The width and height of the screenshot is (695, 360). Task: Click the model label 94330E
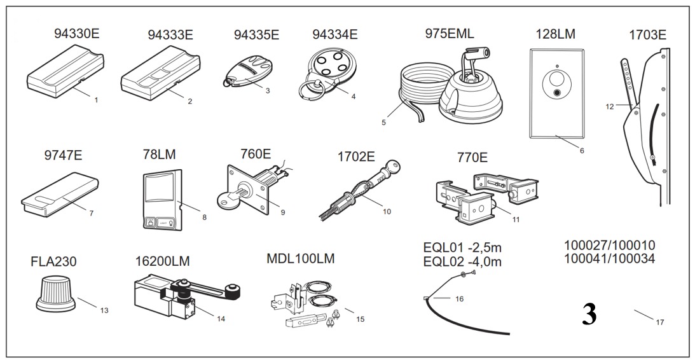coord(77,34)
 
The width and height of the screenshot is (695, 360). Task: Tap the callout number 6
coord(582,150)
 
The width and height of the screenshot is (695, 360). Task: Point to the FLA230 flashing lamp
coord(56,293)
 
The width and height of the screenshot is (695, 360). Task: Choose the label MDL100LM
coord(301,258)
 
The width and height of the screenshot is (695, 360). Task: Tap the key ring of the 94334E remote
coord(311,92)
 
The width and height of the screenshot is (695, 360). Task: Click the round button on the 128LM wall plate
coord(557,93)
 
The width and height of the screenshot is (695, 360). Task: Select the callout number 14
coord(221,318)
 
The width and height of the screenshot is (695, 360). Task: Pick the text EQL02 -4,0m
coord(462,261)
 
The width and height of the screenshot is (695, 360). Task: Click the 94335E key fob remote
coord(245,71)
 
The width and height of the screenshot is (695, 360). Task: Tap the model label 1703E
coord(647,35)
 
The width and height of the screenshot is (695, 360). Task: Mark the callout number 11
coord(516,219)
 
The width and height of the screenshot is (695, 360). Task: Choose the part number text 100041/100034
coord(609,258)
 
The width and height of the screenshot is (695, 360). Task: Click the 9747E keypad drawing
coord(60,195)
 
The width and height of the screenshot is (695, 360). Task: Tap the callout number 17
coord(659,322)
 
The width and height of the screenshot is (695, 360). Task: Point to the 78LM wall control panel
coord(163,200)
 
